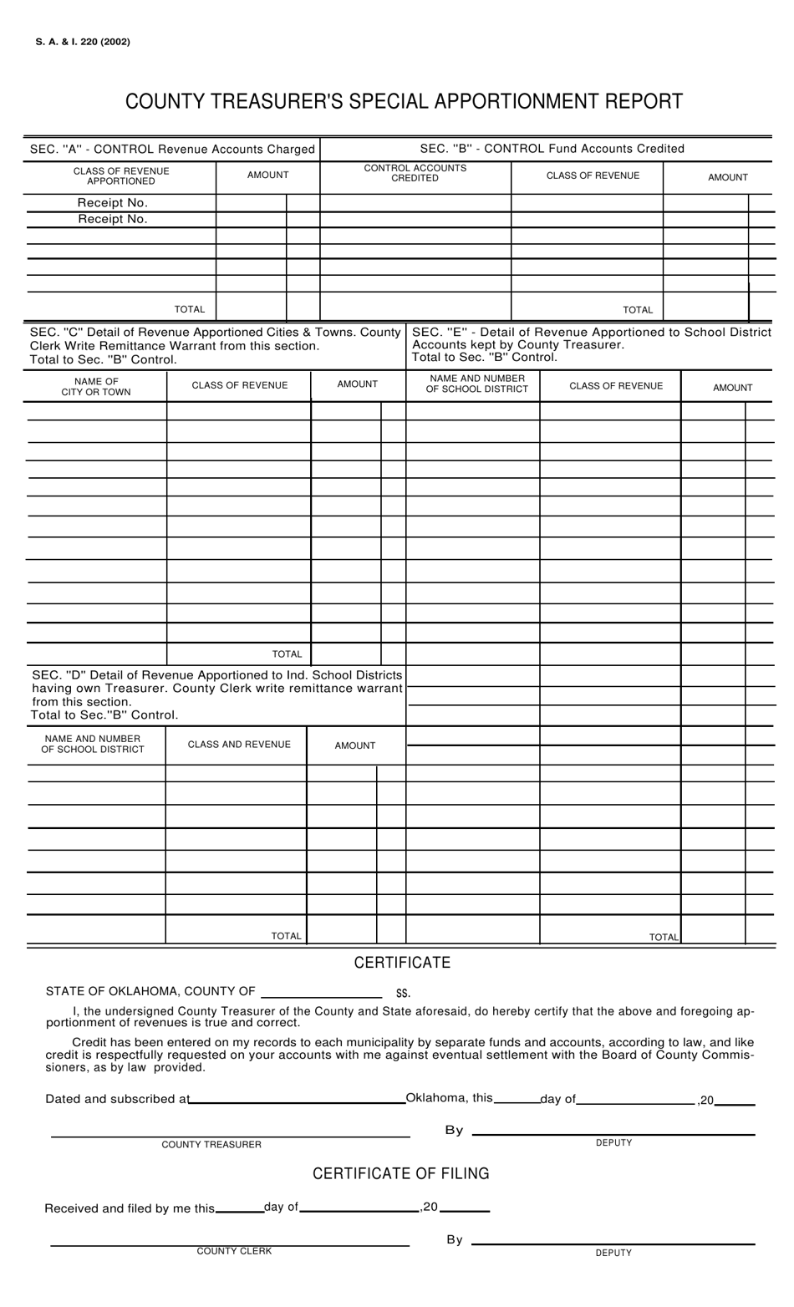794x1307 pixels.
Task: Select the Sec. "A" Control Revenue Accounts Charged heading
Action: coord(172,150)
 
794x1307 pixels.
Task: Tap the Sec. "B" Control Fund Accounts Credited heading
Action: coord(552,149)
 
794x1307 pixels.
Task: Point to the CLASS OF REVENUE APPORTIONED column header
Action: coord(121,176)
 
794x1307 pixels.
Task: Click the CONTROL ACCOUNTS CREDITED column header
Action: coord(415,173)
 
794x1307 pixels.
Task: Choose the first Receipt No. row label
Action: coord(113,203)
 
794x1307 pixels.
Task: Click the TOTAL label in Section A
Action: coord(190,309)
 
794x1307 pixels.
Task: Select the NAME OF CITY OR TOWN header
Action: coord(96,387)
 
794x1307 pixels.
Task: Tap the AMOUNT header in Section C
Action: coord(358,384)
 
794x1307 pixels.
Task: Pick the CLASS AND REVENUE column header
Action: coord(239,745)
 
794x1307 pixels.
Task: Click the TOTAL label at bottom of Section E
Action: coord(664,938)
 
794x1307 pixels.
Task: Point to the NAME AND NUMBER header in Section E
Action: coord(477,384)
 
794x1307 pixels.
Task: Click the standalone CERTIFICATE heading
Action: coord(402,963)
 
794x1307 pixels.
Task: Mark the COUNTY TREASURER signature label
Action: coord(211,1145)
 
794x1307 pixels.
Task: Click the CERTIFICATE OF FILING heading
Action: coord(401,1174)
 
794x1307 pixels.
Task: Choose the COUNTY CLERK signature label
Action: coord(234,1251)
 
